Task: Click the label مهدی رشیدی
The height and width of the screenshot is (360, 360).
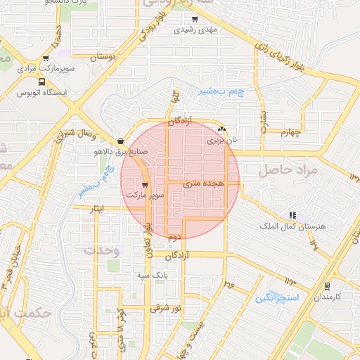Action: point(200,30)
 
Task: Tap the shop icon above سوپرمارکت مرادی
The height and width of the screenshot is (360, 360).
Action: point(46,59)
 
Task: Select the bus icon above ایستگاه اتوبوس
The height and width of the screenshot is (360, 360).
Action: point(41,82)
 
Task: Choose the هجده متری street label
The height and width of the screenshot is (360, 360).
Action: point(202,183)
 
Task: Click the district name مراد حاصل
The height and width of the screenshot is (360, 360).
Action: point(288,170)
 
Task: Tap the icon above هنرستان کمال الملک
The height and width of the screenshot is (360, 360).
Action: point(292,215)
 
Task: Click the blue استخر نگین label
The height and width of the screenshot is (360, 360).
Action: point(277,298)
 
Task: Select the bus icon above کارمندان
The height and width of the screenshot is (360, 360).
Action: point(327,285)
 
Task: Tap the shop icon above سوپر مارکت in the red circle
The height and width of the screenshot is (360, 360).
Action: point(145,184)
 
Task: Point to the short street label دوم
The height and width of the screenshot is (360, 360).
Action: point(173,238)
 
